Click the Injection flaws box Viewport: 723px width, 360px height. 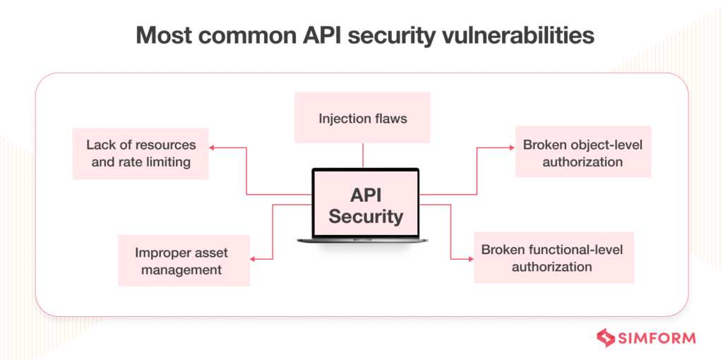[362, 118]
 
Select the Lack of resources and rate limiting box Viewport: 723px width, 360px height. [141, 153]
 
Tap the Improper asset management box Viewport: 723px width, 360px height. [184, 260]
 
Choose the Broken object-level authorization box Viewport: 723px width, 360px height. [582, 152]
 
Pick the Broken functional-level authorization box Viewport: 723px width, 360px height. [554, 258]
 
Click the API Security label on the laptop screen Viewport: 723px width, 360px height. [365, 205]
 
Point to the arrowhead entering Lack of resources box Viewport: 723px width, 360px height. [213, 148]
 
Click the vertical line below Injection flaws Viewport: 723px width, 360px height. [362, 155]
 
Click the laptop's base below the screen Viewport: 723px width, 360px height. [365, 241]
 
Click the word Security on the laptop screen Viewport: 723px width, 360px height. [365, 216]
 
